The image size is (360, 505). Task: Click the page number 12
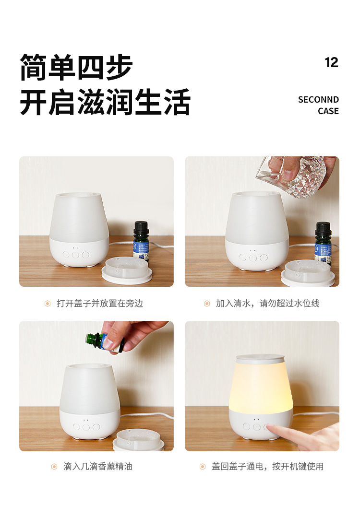pyautogui.click(x=332, y=62)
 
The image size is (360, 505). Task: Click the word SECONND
pyautogui.click(x=318, y=100)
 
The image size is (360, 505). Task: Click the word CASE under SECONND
pyautogui.click(x=328, y=111)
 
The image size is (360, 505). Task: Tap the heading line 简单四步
pyautogui.click(x=76, y=67)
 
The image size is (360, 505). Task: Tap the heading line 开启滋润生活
pyautogui.click(x=106, y=102)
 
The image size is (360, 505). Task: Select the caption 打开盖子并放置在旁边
pyautogui.click(x=100, y=304)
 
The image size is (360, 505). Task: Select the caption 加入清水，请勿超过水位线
pyautogui.click(x=267, y=304)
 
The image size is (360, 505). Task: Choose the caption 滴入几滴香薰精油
pyautogui.click(x=98, y=466)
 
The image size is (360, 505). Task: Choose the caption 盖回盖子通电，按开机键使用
pyautogui.click(x=267, y=466)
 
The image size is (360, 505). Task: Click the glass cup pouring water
pyautogui.click(x=290, y=176)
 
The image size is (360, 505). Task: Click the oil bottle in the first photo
pyautogui.click(x=141, y=240)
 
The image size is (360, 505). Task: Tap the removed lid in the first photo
pyautogui.click(x=127, y=270)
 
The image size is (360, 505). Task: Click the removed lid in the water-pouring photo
pyautogui.click(x=308, y=273)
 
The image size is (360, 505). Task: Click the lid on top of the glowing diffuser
pyautogui.click(x=261, y=359)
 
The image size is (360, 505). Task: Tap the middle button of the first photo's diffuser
pyautogui.click(x=76, y=255)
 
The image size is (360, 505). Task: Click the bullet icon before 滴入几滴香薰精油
pyautogui.click(x=54, y=467)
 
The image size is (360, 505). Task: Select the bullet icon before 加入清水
pyautogui.click(x=207, y=304)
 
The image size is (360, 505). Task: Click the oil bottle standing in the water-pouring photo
pyautogui.click(x=323, y=243)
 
